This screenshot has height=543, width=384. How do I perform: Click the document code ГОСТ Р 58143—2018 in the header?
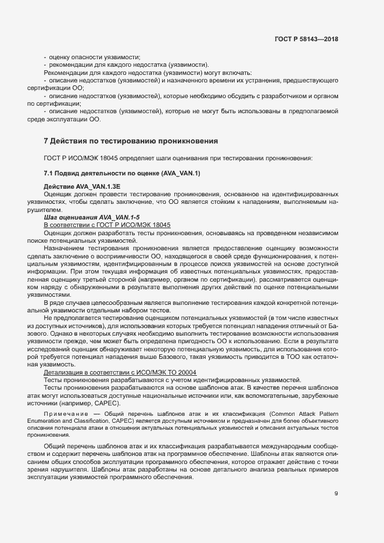(x=307, y=39)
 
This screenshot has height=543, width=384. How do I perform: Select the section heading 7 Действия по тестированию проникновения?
(x=131, y=141)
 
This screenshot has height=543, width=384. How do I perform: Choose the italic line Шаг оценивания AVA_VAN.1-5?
(x=88, y=217)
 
